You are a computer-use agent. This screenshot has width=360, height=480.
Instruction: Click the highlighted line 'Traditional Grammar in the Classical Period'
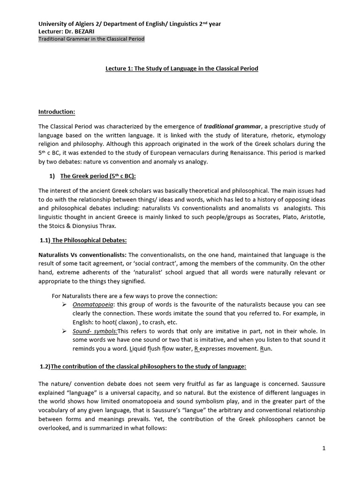[x=91, y=39]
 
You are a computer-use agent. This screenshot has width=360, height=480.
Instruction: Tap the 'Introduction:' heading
[x=56, y=112]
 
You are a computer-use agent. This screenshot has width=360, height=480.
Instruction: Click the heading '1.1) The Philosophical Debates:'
[x=83, y=240]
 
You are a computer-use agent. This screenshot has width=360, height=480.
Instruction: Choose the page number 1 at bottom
[x=323, y=448]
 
